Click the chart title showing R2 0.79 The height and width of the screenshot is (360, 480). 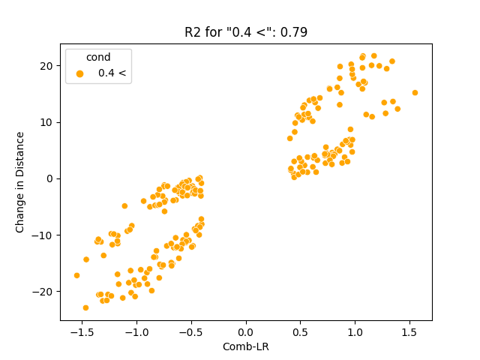[x=246, y=32]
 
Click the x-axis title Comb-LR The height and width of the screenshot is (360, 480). [x=246, y=347]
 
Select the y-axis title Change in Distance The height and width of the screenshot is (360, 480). [x=20, y=182]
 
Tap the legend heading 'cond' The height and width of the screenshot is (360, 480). [x=98, y=58]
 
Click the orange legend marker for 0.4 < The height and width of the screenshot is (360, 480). [x=79, y=73]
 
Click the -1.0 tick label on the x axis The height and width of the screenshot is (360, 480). [x=136, y=331]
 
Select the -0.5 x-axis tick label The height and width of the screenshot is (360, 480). [x=190, y=331]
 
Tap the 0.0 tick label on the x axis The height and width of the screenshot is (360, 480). [x=246, y=331]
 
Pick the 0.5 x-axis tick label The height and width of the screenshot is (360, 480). [x=301, y=331]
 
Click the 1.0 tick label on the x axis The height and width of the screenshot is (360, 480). [x=355, y=331]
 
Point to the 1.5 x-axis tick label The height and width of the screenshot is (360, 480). [x=410, y=331]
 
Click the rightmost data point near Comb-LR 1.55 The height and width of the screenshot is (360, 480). [x=415, y=93]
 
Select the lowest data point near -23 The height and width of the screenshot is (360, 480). [x=85, y=307]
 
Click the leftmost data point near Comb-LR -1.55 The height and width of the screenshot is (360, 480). [x=76, y=275]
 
